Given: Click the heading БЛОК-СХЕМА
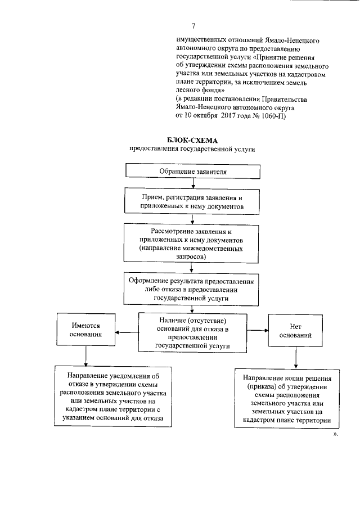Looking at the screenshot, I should [192, 140].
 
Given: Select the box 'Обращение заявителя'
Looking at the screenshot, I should [192, 170].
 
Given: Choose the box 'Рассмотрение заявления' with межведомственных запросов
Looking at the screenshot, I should [192, 244].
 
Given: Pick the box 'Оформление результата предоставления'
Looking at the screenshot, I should [192, 289].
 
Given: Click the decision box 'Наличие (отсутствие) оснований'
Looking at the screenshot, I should [192, 332].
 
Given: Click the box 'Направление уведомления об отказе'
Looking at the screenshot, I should [114, 397].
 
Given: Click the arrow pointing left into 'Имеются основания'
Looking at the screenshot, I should [127, 332].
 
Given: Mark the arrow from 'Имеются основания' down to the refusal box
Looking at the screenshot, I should [85, 355].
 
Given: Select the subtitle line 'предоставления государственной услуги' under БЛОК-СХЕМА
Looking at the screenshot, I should [192, 149].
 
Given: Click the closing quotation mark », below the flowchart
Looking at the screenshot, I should [336, 435].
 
